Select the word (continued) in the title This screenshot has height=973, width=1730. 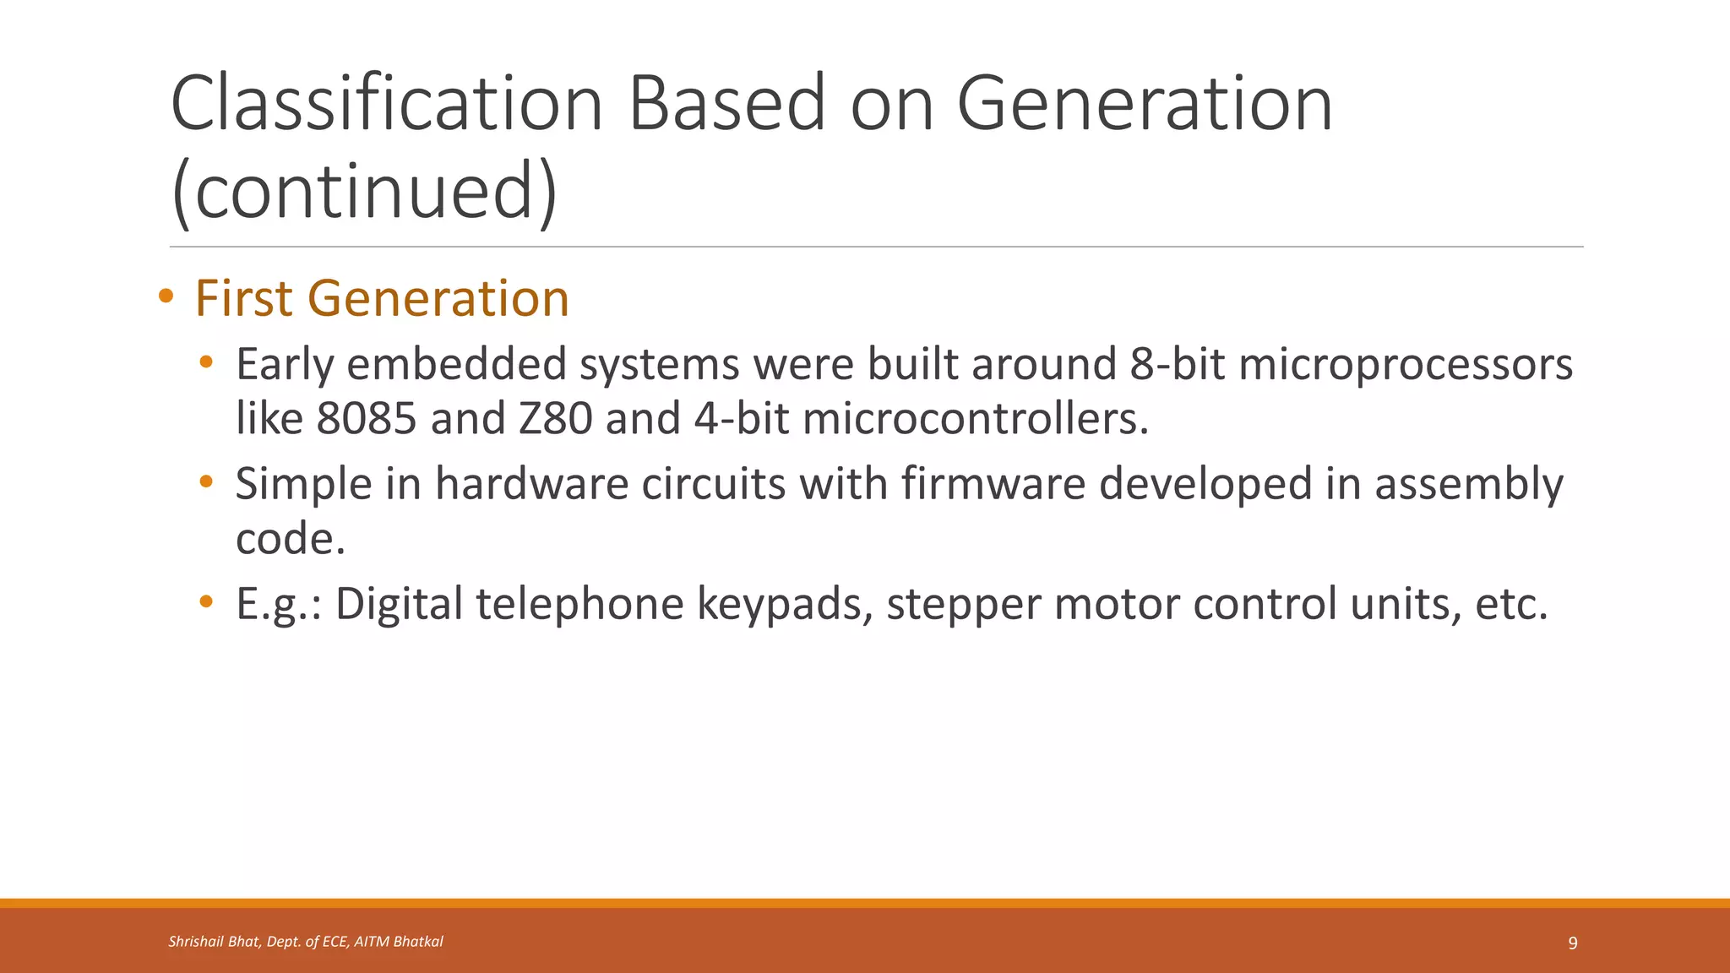click(364, 192)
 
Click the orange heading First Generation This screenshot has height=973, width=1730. click(382, 299)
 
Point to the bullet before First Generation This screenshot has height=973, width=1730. click(166, 297)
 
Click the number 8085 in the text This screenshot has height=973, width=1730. click(367, 419)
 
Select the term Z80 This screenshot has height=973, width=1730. click(555, 419)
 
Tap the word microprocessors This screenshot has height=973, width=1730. click(1405, 365)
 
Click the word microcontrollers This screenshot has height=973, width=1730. click(975, 419)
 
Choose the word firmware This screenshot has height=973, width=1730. click(993, 484)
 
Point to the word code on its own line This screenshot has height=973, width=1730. click(290, 539)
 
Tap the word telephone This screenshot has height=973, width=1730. click(579, 605)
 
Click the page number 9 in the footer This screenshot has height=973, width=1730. click(1572, 943)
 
